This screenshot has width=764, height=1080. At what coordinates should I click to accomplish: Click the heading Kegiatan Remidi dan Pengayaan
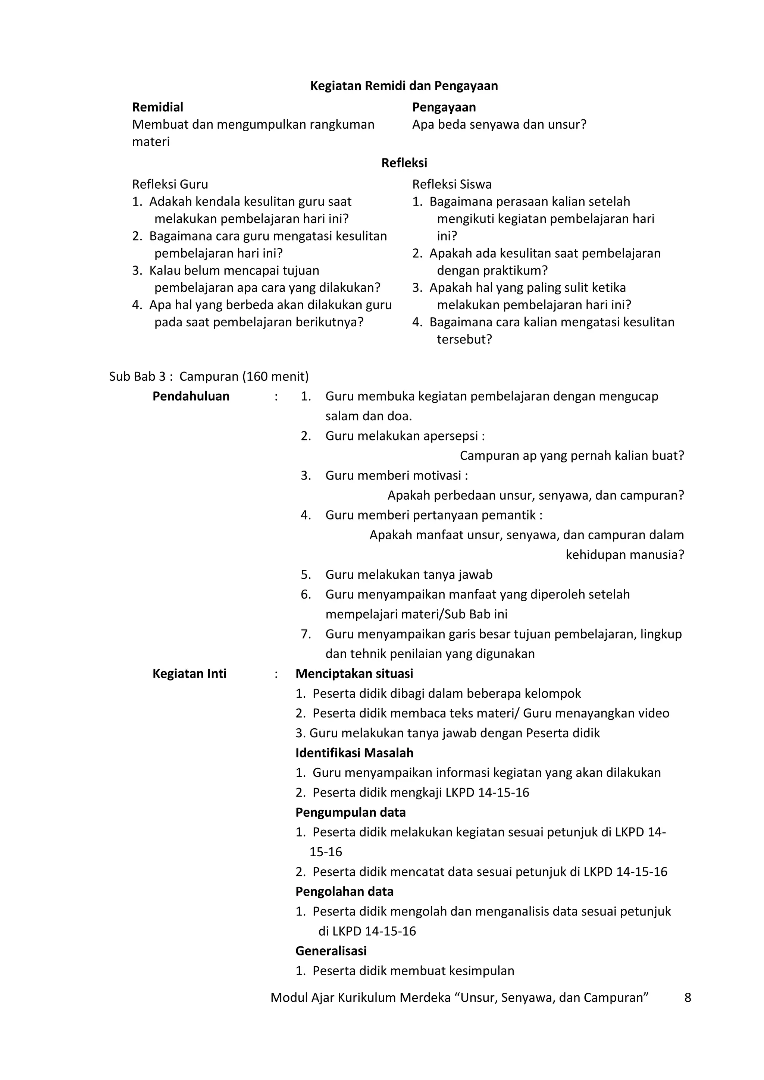(404, 86)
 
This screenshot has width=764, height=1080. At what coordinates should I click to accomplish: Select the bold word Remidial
(157, 107)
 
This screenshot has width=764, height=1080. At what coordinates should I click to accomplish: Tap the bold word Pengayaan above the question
(444, 107)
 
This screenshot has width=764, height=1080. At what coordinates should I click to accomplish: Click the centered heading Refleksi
(404, 163)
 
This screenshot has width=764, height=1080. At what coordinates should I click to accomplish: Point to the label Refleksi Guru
(170, 184)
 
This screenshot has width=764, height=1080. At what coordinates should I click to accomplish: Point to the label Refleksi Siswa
(452, 184)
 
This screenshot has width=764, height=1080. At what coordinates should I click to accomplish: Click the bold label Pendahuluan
(191, 396)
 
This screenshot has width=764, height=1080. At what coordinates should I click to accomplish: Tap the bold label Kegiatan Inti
(189, 674)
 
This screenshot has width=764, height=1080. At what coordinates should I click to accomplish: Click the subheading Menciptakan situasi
(354, 674)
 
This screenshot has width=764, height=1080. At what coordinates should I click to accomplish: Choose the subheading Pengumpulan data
(350, 812)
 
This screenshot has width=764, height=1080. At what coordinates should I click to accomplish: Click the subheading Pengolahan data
(344, 891)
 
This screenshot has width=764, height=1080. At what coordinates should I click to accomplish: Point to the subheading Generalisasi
(331, 951)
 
